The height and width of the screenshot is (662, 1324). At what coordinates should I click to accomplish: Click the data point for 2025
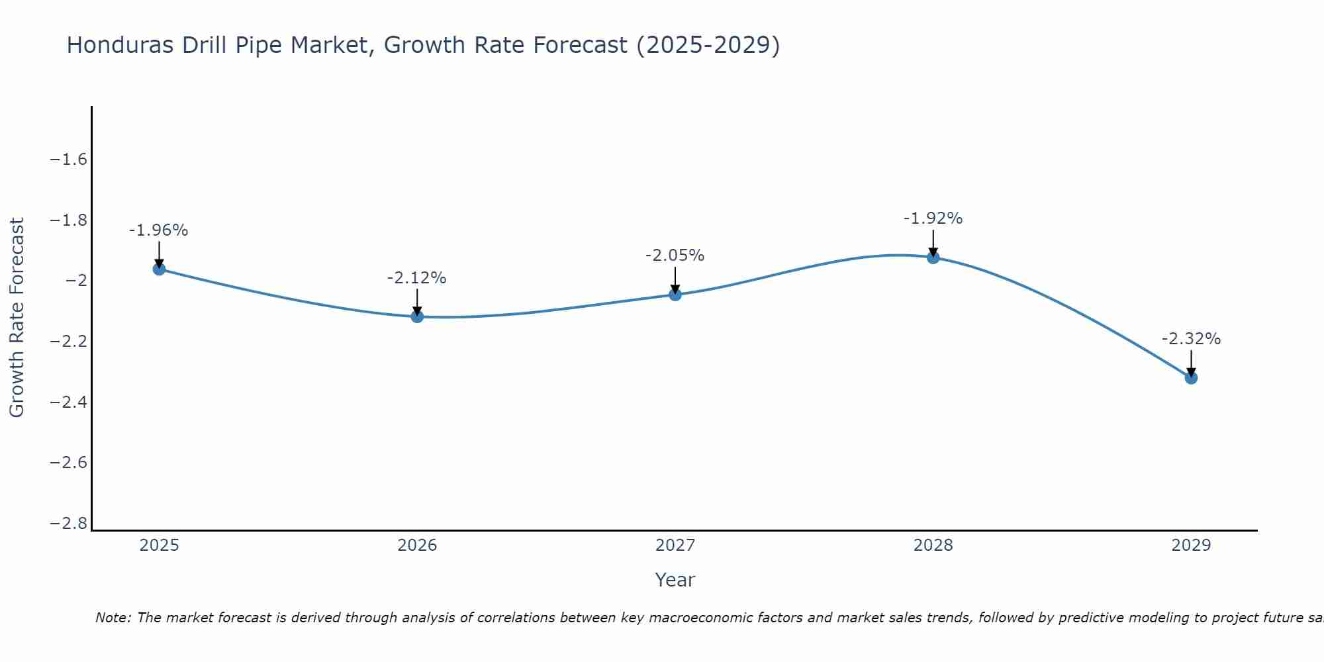(159, 269)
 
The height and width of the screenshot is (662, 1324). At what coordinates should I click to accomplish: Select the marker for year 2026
(417, 316)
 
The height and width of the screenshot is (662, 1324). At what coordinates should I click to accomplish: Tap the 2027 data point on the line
(675, 295)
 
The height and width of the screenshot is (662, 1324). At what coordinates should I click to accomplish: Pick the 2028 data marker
(933, 257)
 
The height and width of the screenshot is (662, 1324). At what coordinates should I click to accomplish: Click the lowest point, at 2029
(1191, 378)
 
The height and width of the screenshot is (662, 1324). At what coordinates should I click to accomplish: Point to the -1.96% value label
(159, 230)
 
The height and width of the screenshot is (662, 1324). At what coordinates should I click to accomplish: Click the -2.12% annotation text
(417, 278)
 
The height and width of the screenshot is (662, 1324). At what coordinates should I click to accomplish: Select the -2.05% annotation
(675, 256)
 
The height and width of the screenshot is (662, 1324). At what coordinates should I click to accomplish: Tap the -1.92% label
(933, 218)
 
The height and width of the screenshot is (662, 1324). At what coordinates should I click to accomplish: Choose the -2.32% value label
(1191, 339)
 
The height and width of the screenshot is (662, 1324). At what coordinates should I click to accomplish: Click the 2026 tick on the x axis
(417, 545)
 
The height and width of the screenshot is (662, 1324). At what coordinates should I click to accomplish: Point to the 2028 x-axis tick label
(933, 545)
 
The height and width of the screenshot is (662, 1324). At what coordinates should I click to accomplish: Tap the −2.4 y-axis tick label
(69, 402)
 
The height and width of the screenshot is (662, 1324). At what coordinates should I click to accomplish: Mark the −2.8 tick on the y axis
(69, 524)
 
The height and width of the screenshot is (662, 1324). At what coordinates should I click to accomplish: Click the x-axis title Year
(675, 580)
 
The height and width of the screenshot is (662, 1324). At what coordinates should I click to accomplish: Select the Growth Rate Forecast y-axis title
(17, 318)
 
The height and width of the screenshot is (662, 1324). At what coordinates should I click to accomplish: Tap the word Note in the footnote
(113, 618)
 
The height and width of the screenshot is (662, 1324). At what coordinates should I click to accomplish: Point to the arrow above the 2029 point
(1191, 363)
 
